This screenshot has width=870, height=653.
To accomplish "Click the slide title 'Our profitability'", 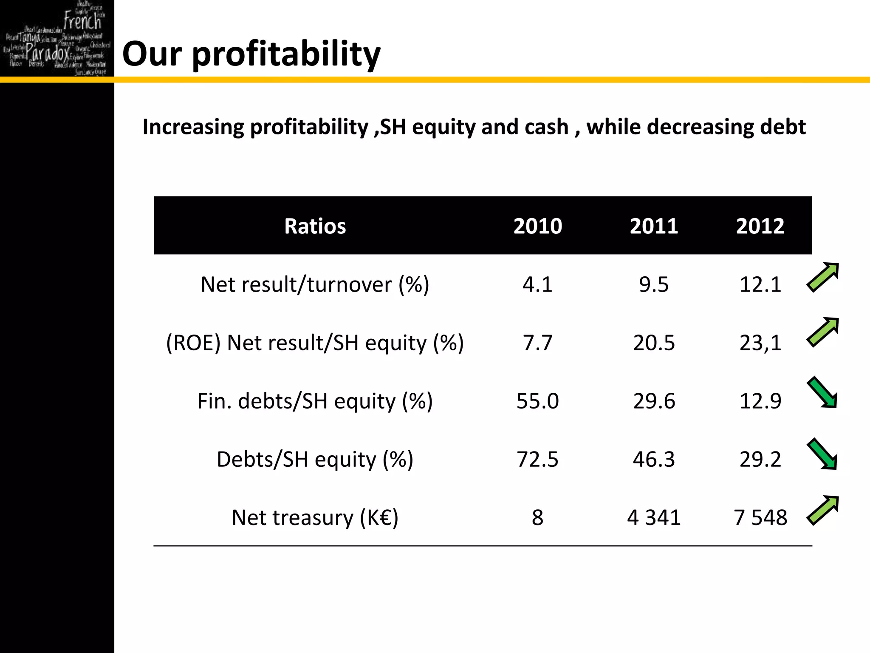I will click(x=251, y=54).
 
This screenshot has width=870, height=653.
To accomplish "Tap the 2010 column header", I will click(x=537, y=226).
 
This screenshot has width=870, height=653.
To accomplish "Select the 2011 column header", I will click(x=654, y=226).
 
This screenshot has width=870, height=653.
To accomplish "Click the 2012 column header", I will click(x=760, y=226).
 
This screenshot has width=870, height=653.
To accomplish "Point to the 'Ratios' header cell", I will click(x=315, y=226).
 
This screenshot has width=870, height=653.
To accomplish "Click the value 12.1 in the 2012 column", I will click(x=760, y=284).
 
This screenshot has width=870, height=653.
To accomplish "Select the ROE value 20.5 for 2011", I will click(x=654, y=343).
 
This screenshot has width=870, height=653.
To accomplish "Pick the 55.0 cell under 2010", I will click(x=537, y=401).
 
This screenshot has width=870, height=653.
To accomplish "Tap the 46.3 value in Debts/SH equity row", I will click(x=654, y=459).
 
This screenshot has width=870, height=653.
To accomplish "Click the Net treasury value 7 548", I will click(x=760, y=517).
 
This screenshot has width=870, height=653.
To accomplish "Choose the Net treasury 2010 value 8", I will click(x=537, y=517).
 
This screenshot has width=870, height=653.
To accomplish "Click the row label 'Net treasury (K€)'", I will click(x=315, y=517).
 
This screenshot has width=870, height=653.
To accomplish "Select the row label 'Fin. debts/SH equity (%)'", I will click(x=315, y=401).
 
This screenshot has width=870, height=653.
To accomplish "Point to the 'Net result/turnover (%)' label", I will click(x=315, y=284).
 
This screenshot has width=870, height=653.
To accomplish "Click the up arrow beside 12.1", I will click(x=823, y=277).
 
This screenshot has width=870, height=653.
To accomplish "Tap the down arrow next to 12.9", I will click(x=823, y=392).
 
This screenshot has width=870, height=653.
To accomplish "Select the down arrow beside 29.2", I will click(x=823, y=454).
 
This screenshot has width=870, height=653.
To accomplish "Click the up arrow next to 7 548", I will click(x=823, y=510).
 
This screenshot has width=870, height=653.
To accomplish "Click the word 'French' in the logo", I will click(x=83, y=20).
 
